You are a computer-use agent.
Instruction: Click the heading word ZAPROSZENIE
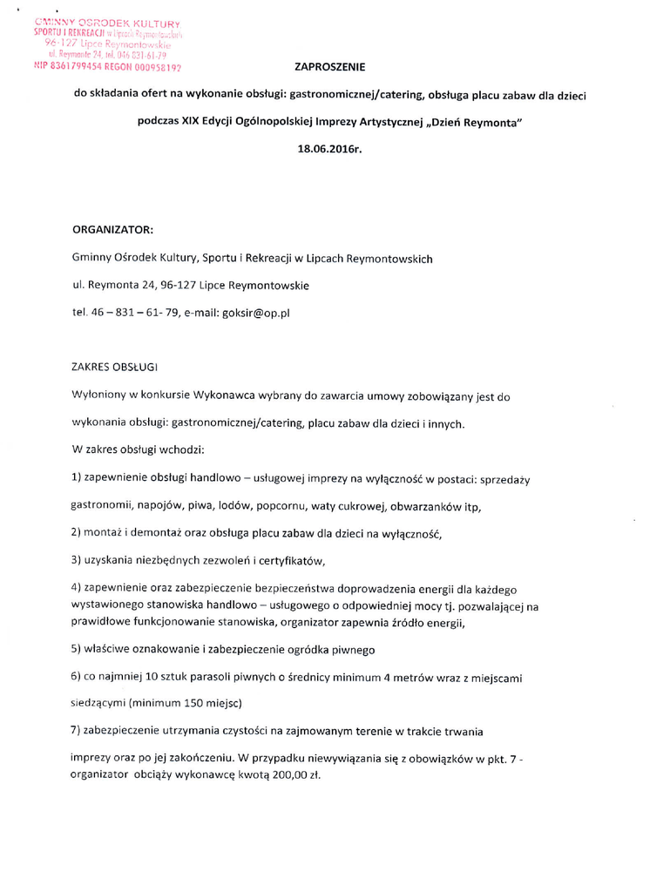coord(331,66)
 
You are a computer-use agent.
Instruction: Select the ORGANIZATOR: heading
coord(112,231)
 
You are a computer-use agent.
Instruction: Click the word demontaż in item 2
coord(166,532)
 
